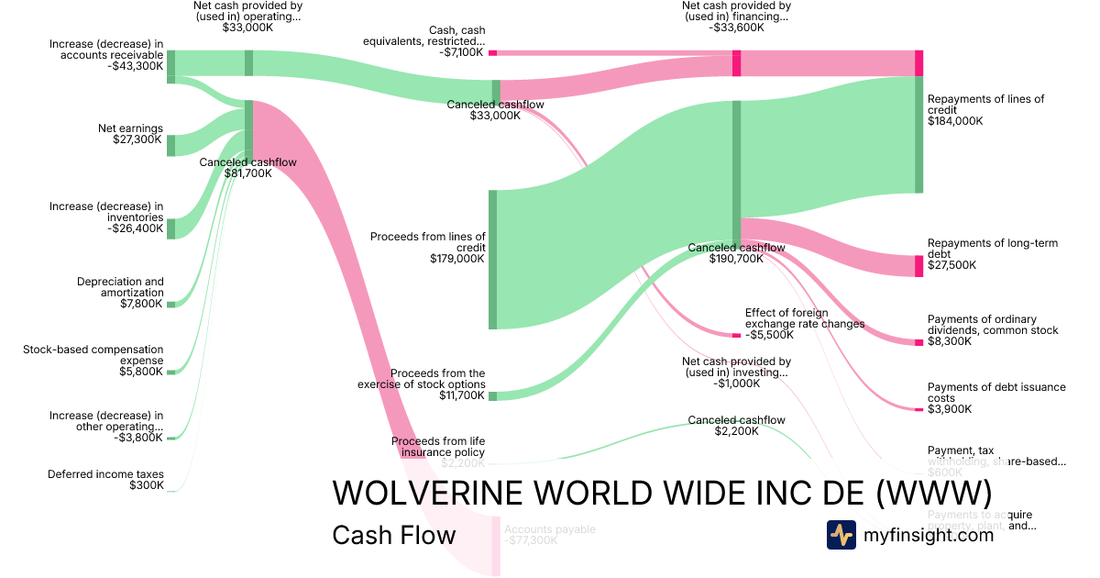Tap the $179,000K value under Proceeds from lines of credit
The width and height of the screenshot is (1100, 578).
(457, 259)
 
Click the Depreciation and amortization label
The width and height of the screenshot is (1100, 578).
(120, 287)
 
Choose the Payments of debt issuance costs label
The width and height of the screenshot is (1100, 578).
(996, 393)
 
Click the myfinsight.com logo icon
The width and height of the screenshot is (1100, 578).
(841, 535)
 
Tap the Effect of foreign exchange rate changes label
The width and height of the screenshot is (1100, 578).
(804, 318)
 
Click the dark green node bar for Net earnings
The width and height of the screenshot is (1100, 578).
(170, 145)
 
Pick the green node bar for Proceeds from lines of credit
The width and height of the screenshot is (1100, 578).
(492, 259)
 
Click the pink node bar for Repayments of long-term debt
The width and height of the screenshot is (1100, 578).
(918, 266)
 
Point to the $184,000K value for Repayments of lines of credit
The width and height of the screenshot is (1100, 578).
(954, 120)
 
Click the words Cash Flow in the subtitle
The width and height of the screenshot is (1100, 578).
(393, 535)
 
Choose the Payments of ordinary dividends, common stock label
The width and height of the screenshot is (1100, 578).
(992, 325)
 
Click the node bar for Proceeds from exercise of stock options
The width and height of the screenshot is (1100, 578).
(492, 395)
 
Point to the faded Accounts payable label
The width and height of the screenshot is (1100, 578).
(549, 529)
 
